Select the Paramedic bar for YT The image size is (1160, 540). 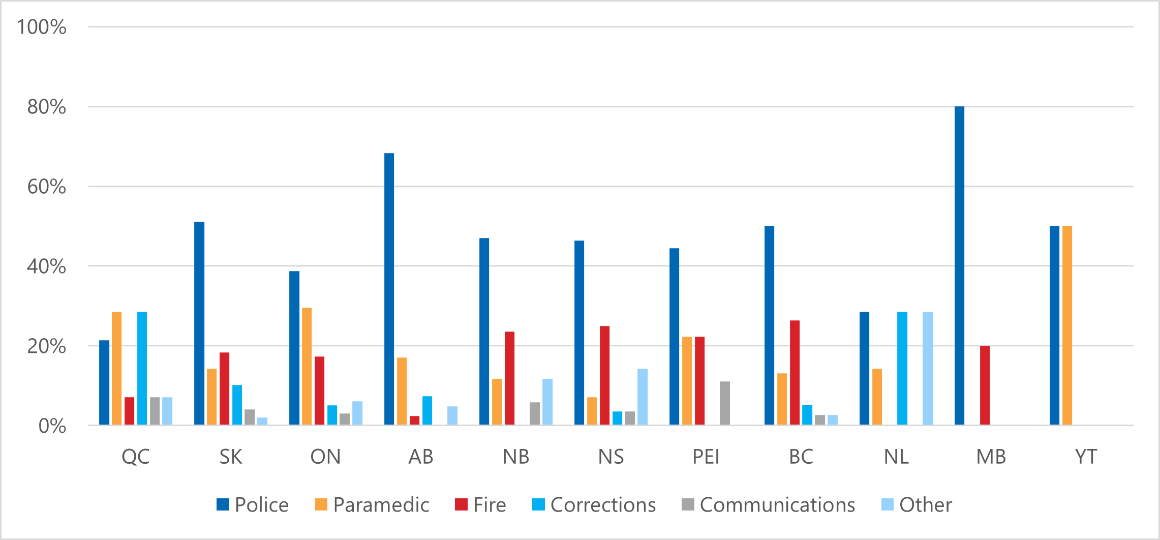pos(1067,325)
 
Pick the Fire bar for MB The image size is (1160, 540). pos(985,385)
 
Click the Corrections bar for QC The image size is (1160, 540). pos(142,368)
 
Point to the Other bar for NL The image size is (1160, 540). pos(928,368)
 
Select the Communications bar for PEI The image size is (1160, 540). pos(725,403)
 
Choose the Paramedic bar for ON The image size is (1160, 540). pos(307,366)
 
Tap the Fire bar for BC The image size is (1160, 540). pos(795,372)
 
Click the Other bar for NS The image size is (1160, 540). pos(643,397)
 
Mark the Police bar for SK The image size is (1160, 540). pos(199,323)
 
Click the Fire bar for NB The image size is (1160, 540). pos(509,378)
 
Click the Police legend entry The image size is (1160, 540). pos(253,505)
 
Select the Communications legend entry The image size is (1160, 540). pos(768,505)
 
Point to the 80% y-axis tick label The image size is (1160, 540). pos(47,107)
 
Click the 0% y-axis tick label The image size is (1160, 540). pos(52,426)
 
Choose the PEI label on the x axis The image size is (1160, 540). pos(706,457)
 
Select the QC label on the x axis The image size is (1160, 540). pos(136,457)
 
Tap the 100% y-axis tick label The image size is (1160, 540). pos(42,27)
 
